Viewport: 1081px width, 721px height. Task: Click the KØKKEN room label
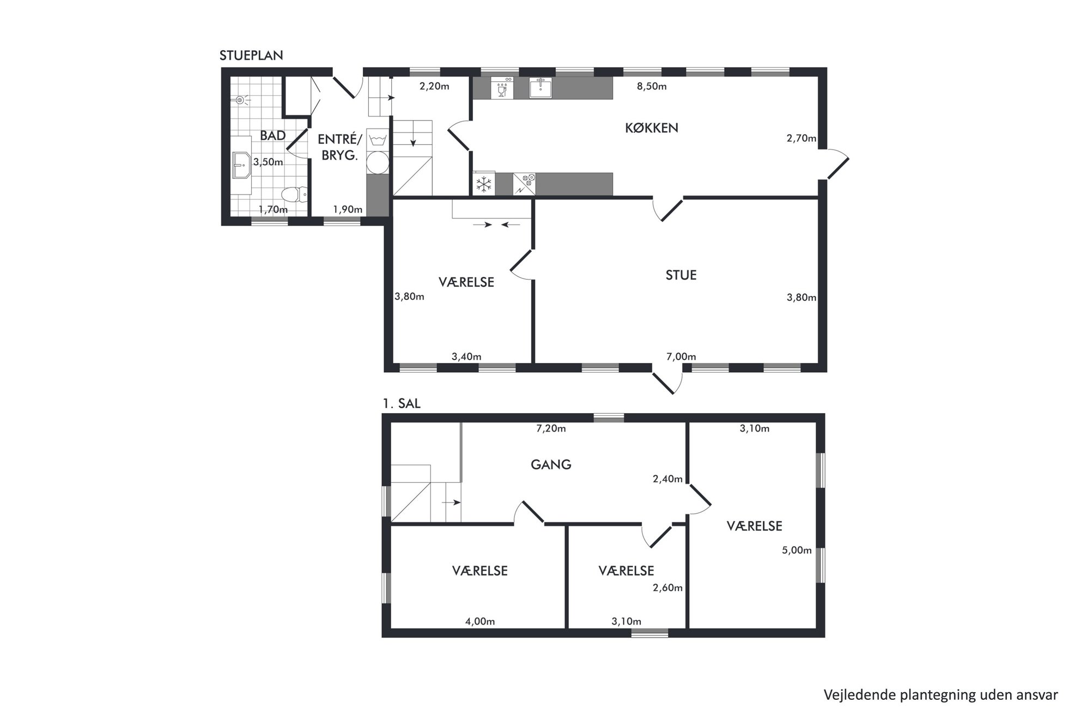coord(651,128)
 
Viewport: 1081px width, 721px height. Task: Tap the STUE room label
coord(681,275)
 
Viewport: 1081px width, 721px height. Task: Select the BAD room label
coord(272,135)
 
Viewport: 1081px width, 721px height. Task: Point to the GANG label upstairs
coord(551,465)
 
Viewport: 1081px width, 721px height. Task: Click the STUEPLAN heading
coord(251,56)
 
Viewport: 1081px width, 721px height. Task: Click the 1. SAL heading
coord(402,404)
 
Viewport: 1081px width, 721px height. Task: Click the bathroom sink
coord(240,165)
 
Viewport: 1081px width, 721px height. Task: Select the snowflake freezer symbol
coord(483,184)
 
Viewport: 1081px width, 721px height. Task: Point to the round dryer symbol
coord(377,162)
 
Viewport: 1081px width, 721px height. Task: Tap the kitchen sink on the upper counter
coord(540,88)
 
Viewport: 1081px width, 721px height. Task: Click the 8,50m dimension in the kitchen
coord(652,87)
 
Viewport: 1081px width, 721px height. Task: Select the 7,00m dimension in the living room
coord(681,357)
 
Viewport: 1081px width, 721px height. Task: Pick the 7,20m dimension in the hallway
coord(551,429)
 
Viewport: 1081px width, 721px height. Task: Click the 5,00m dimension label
coord(797,550)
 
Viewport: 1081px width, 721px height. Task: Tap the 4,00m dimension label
coord(480,621)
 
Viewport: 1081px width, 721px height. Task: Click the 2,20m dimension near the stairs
coord(434,86)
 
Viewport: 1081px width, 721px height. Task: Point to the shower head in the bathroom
coord(241,100)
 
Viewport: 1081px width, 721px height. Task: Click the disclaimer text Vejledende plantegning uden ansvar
coord(941,695)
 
